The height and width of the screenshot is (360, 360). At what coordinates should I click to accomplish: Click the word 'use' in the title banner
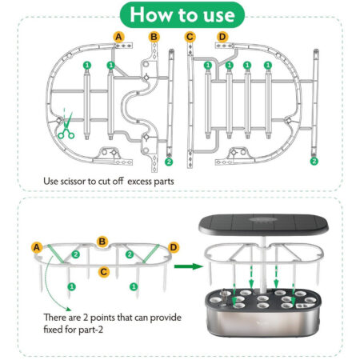click(x=215, y=15)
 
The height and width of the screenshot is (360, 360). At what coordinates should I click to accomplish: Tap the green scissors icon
click(x=65, y=128)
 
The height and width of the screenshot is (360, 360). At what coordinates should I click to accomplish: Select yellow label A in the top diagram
click(x=119, y=37)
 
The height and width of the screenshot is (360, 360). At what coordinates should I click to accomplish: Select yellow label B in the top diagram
click(x=154, y=37)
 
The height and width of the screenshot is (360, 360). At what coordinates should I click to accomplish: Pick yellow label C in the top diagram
click(x=190, y=37)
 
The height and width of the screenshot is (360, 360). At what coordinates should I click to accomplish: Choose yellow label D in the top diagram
click(x=222, y=37)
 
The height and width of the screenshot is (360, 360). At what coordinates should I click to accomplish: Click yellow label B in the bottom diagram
click(x=102, y=241)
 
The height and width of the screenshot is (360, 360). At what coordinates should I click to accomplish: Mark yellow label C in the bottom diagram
click(x=104, y=272)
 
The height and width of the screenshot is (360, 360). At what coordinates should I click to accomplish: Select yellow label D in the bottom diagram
click(x=174, y=247)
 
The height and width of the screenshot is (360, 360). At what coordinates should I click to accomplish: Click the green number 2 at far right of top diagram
click(x=314, y=161)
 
